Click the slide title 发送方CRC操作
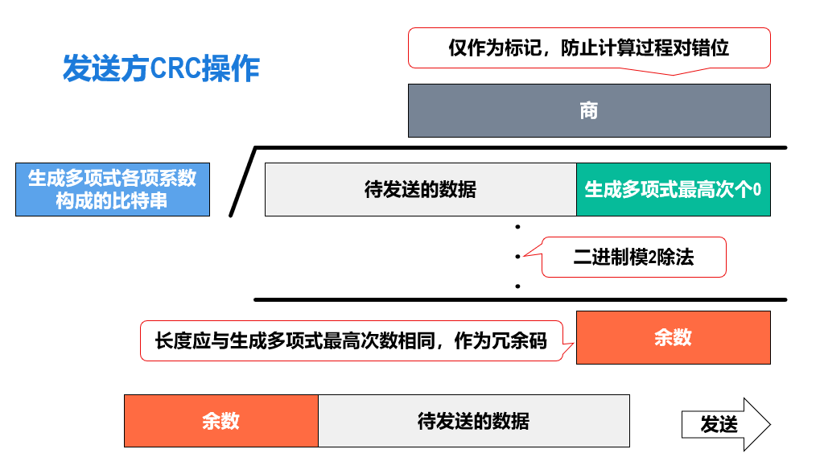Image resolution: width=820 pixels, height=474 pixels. pyautogui.click(x=161, y=69)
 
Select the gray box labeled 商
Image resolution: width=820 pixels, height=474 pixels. pyautogui.click(x=589, y=110)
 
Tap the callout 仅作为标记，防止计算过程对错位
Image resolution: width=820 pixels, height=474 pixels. pyautogui.click(x=589, y=48)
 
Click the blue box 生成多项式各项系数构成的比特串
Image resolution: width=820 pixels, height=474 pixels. pyautogui.click(x=113, y=189)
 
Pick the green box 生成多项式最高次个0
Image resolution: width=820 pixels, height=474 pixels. pyautogui.click(x=673, y=190)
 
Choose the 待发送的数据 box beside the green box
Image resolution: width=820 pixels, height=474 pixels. pyautogui.click(x=420, y=190)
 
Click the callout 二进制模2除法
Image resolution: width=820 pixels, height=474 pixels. pyautogui.click(x=633, y=258)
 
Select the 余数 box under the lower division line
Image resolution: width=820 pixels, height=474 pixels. pyautogui.click(x=673, y=337)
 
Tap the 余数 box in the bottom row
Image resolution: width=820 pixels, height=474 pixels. pyautogui.click(x=220, y=421)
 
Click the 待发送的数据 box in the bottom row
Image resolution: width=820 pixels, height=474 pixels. pyautogui.click(x=473, y=421)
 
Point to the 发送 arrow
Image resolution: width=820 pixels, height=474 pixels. pyautogui.click(x=725, y=424)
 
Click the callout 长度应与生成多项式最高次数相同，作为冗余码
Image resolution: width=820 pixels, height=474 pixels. pyautogui.click(x=351, y=341)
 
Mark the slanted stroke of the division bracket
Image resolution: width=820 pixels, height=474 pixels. pyautogui.click(x=242, y=183)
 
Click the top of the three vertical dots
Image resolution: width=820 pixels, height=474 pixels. pyautogui.click(x=517, y=228)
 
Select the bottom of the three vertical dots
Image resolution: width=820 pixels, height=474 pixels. pyautogui.click(x=517, y=286)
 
